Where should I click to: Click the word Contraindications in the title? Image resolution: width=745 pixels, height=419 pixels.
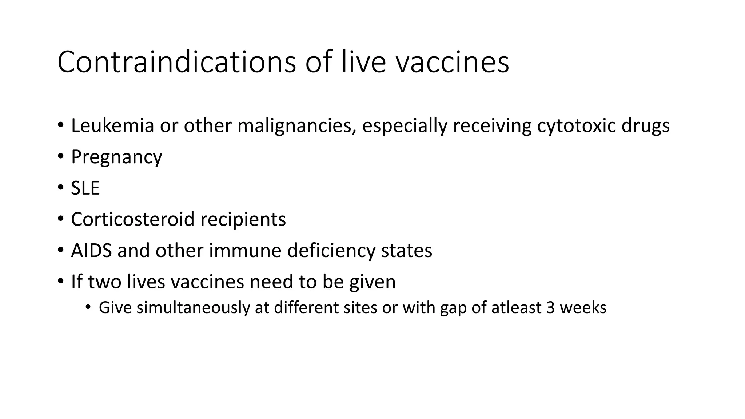pyautogui.click(x=176, y=62)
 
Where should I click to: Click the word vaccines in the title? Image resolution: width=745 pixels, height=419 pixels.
pyautogui.click(x=452, y=62)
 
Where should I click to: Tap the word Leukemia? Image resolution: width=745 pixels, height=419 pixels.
pyautogui.click(x=112, y=126)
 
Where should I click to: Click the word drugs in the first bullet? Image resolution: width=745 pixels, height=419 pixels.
pyautogui.click(x=645, y=126)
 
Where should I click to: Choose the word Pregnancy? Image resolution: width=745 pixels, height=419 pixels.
pyautogui.click(x=116, y=157)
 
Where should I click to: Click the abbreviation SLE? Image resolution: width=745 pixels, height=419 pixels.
pyautogui.click(x=85, y=188)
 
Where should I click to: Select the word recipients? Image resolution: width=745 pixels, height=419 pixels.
pyautogui.click(x=243, y=219)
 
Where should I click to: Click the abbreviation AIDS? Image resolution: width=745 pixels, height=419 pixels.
pyautogui.click(x=91, y=251)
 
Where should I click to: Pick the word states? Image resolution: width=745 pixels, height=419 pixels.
pyautogui.click(x=406, y=251)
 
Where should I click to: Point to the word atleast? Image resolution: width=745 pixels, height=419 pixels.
pyautogui.click(x=516, y=308)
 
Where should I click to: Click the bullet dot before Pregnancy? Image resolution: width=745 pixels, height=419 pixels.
pyautogui.click(x=60, y=157)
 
